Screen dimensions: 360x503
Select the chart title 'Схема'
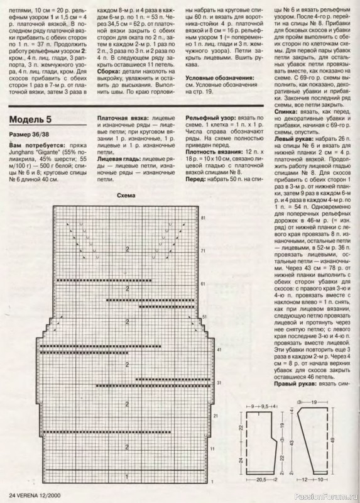[126, 196]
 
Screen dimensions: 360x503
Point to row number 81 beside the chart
[204, 217]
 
